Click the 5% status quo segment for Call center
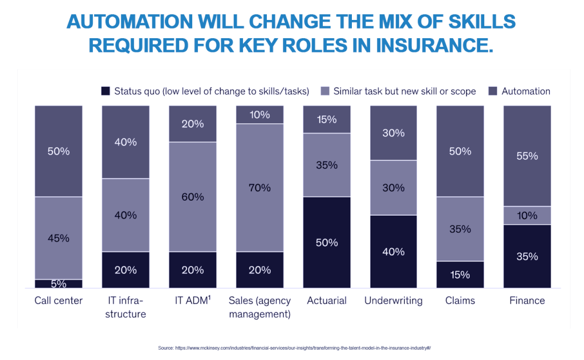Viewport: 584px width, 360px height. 58,284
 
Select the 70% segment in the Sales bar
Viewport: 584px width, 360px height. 259,188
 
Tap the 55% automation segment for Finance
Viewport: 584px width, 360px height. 527,156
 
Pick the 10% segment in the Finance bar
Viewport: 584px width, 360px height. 527,215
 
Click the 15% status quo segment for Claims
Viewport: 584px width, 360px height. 460,274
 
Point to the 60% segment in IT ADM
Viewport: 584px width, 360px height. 193,197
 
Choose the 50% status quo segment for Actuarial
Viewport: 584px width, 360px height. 327,242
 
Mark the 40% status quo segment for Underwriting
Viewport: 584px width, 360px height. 394,252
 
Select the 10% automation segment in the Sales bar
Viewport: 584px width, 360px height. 259,115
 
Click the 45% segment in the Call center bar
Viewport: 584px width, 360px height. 58,238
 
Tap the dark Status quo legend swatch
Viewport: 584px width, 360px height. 105,91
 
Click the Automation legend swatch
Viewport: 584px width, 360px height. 492,91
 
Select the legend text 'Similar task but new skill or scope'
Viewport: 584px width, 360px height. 404,91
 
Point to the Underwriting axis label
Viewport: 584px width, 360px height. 394,301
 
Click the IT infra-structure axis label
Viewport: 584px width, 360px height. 125,307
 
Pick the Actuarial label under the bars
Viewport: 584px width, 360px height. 327,301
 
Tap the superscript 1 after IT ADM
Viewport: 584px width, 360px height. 209,297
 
